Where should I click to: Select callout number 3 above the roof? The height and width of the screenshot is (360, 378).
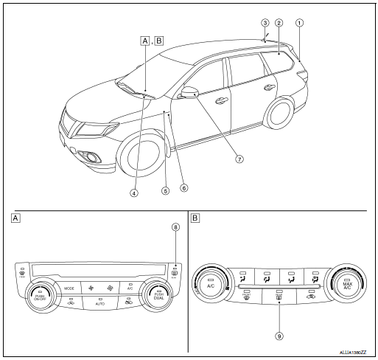coord(265,22)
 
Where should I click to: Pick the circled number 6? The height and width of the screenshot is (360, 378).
coord(183,187)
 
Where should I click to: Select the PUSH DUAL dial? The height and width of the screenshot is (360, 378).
coord(160,296)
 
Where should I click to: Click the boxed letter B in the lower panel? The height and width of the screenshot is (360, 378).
coord(195,218)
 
